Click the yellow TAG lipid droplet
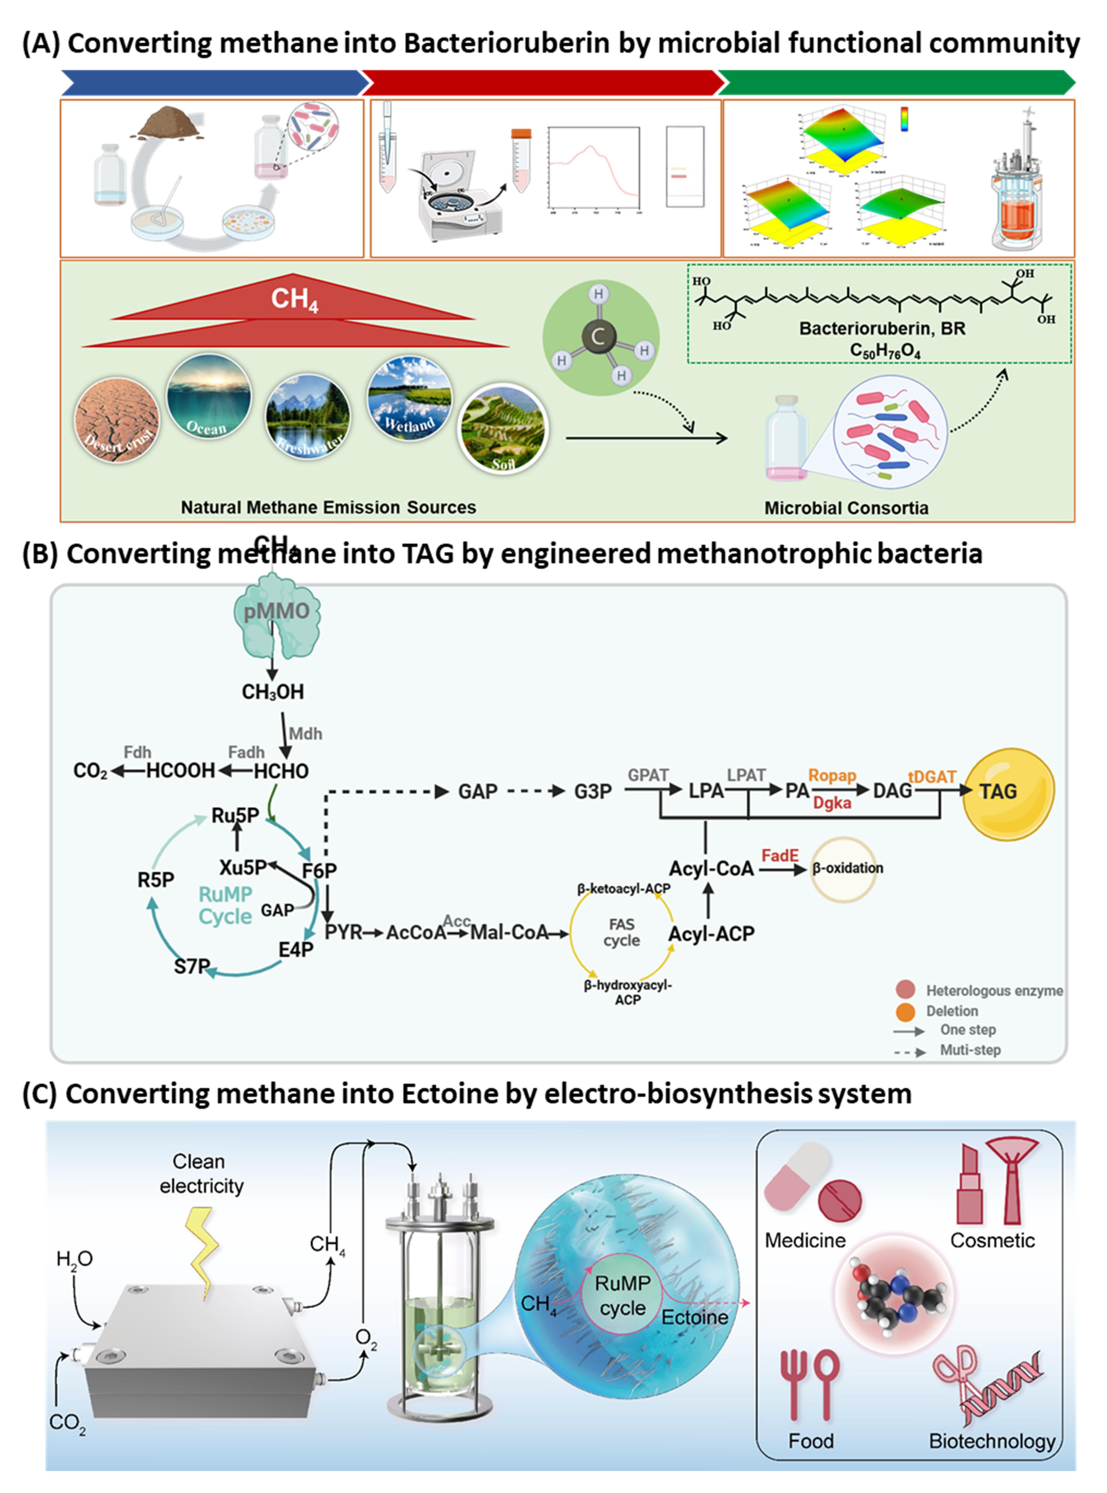1007,793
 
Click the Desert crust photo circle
117,420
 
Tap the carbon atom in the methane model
598,336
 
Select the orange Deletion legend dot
905,1011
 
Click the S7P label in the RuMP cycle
192,966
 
